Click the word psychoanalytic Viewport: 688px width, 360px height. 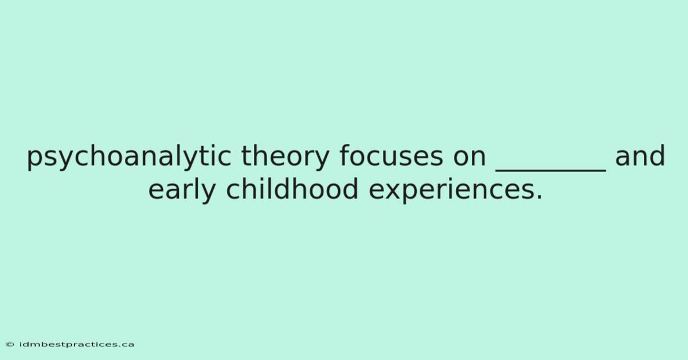129,156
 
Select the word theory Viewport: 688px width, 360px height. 286,156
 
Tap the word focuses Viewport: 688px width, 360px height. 391,155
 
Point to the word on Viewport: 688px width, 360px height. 470,159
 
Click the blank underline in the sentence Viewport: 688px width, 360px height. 551,170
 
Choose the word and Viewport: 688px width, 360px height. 640,155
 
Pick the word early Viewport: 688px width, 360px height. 182,189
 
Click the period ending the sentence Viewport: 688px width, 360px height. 539,197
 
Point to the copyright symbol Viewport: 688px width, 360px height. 10,345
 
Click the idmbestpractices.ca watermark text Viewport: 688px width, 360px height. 76,345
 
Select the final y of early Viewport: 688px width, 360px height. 207,193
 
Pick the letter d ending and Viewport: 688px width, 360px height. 657,155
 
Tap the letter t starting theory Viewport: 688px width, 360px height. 247,156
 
